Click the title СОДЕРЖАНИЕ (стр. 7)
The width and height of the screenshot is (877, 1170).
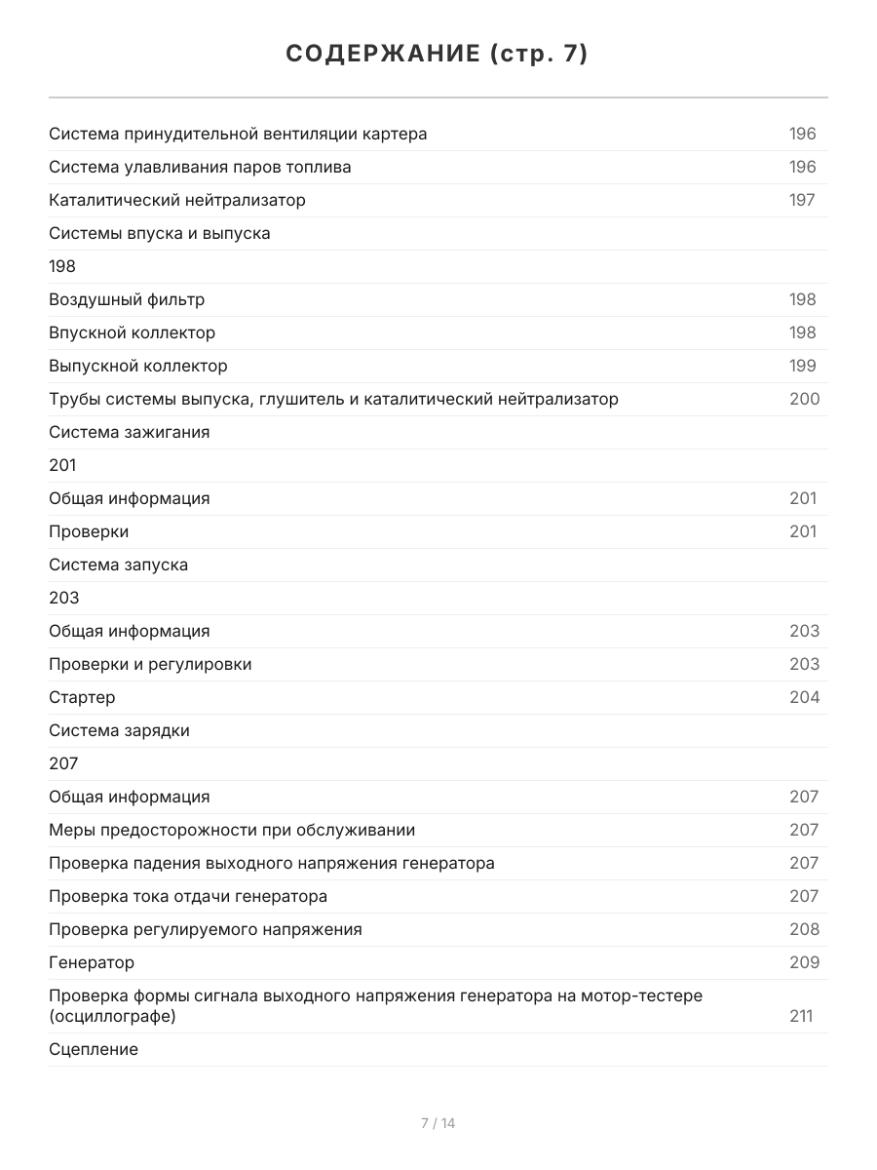tap(438, 55)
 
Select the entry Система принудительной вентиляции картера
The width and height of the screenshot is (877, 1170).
tap(238, 134)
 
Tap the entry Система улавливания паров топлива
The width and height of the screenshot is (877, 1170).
tap(200, 167)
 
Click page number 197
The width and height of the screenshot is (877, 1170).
tap(802, 200)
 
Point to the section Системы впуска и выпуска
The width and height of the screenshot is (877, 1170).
tap(160, 233)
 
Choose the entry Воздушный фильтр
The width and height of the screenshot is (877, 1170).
tap(127, 299)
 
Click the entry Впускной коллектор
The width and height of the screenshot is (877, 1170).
tap(133, 332)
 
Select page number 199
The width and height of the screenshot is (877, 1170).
tap(802, 366)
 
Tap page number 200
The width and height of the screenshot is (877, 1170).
tap(804, 399)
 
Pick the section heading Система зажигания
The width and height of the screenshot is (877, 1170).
tap(130, 432)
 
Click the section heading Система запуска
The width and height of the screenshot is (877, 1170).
tap(119, 565)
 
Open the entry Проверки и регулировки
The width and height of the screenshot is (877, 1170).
tap(150, 664)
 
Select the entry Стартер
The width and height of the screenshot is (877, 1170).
tap(82, 697)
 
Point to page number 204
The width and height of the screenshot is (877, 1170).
tap(804, 697)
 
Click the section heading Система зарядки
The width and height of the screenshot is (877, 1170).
tap(120, 730)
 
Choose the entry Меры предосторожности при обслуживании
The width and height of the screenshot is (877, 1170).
tap(232, 830)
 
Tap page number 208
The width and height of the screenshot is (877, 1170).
tap(804, 929)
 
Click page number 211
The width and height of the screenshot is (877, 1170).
tap(801, 1017)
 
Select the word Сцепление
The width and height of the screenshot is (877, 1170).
tap(94, 1049)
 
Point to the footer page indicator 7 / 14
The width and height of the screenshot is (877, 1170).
tap(438, 1123)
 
